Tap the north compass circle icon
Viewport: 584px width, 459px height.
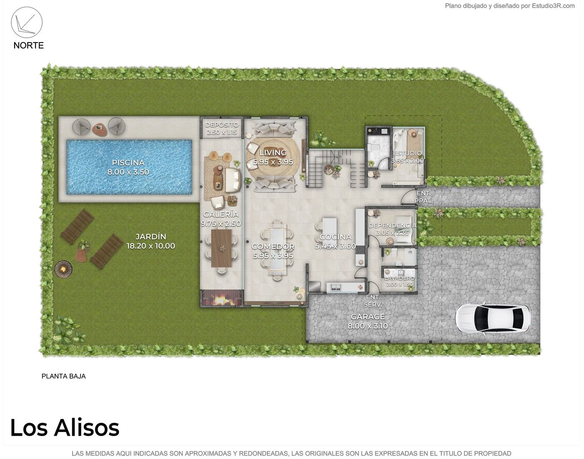[27, 22]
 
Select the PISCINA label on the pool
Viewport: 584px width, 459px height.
[128, 163]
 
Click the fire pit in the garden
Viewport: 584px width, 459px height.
[63, 269]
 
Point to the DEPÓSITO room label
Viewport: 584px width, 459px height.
[222, 125]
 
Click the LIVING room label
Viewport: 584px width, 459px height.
[273, 153]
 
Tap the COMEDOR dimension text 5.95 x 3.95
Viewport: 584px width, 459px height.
[273, 256]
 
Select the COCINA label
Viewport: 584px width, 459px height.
[335, 237]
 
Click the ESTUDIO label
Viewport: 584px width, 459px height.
[407, 153]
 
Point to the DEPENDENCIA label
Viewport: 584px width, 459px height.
[393, 226]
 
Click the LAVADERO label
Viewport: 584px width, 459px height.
[400, 278]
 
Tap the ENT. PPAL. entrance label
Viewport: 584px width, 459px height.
[424, 197]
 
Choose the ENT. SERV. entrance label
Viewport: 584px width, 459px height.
[373, 301]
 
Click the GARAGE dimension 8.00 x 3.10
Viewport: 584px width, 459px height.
[368, 326]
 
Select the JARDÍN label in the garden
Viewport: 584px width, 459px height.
[151, 236]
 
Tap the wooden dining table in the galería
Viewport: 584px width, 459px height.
[222, 248]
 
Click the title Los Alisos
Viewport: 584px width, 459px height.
[65, 428]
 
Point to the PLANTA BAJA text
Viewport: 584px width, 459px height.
[63, 376]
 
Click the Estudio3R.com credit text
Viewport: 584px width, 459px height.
[553, 6]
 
